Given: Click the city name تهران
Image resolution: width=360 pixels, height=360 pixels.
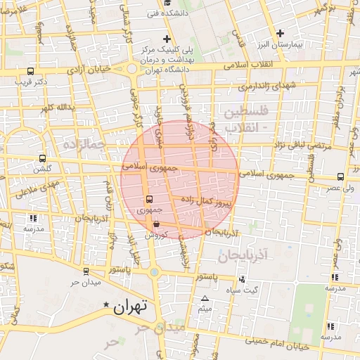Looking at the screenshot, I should coord(131,307).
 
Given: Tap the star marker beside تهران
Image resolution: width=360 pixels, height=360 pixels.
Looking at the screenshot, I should coord(107,305).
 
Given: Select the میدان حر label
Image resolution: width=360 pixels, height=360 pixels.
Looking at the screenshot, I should coord(86,283).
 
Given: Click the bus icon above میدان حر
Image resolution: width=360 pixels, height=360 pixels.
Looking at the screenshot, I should coord(86,271).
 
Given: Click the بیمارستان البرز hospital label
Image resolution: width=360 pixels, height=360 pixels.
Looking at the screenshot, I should coord(281,44).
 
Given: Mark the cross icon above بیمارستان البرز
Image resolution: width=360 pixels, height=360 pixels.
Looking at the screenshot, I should coord(281,32).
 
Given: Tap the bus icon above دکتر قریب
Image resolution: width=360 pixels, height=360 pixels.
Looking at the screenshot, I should coord(30,71).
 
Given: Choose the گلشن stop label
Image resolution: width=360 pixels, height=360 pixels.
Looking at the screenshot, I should coord(43,169).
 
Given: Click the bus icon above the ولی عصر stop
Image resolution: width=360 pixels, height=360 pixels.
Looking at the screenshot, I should coord(341,176).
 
